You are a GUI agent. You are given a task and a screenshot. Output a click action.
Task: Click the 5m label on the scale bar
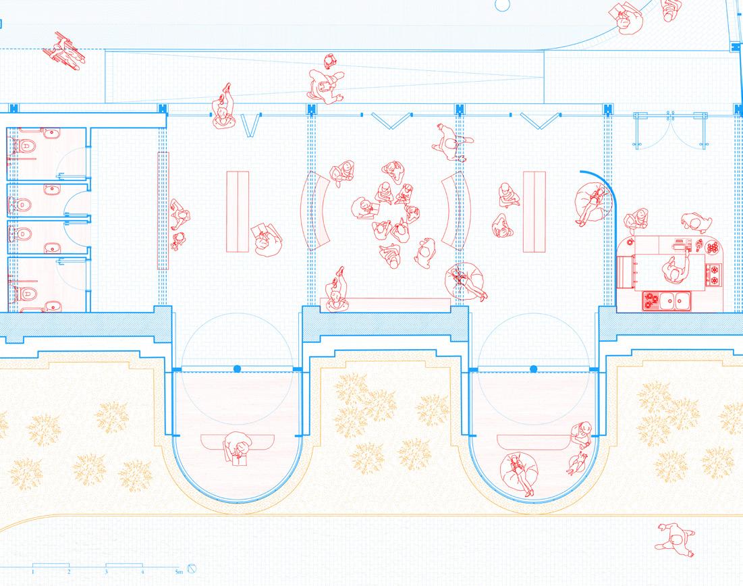177,572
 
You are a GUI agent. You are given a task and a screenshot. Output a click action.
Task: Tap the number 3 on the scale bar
106,572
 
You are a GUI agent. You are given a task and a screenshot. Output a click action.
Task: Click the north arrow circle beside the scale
192,568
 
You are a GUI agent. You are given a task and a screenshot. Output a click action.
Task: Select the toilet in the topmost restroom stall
25,144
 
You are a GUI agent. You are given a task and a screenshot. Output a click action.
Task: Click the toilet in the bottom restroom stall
25,290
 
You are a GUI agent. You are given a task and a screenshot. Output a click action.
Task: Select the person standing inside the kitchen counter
673,270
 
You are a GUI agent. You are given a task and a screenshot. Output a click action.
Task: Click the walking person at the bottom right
676,539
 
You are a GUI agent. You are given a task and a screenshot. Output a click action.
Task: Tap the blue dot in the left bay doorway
237,369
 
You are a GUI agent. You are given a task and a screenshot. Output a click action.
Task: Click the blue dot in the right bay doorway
533,369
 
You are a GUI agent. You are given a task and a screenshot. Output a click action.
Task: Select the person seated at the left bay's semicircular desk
238,447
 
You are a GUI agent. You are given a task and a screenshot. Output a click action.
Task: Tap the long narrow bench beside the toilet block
163,211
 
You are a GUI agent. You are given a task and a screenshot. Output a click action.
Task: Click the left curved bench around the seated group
315,211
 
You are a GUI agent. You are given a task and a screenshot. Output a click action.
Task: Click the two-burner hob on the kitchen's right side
713,274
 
